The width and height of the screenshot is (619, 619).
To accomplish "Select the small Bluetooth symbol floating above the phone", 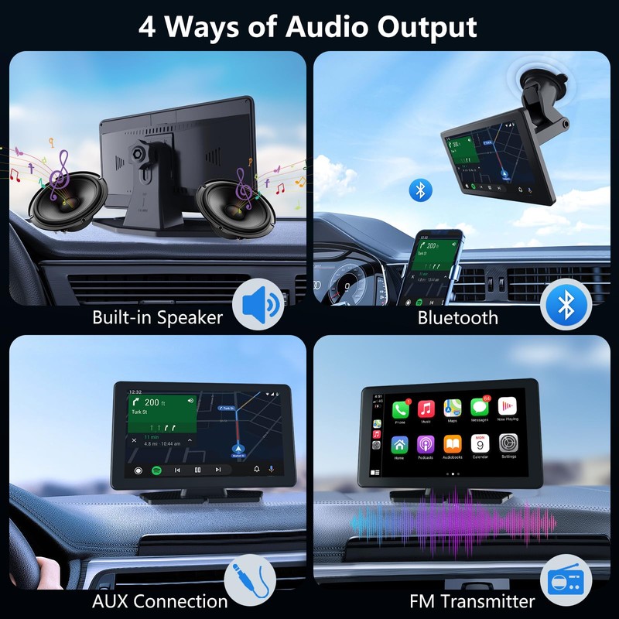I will (420, 190).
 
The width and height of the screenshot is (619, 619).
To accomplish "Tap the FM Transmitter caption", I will (472, 601).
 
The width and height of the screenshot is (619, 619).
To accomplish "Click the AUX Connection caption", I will (160, 601).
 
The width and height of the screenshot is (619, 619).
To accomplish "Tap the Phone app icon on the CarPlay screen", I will (400, 410).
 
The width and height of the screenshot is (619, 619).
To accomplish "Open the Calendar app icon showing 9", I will (480, 444).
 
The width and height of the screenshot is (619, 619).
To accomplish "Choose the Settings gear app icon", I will (508, 444).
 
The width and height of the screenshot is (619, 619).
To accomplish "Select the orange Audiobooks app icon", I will (453, 444).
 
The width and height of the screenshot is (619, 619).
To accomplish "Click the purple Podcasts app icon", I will (426, 444).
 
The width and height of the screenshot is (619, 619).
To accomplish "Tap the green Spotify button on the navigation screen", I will (156, 470).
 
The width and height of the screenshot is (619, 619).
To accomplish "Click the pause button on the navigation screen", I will (197, 470).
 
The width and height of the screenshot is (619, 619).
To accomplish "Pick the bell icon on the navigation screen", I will (256, 470).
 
